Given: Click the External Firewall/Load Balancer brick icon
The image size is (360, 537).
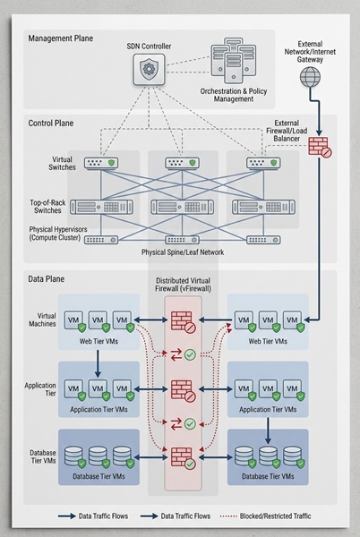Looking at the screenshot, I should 319,145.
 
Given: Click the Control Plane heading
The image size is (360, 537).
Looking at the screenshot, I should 53,122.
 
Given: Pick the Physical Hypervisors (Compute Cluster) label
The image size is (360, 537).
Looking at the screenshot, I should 56,234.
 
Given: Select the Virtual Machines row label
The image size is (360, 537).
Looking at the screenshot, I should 39,320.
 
